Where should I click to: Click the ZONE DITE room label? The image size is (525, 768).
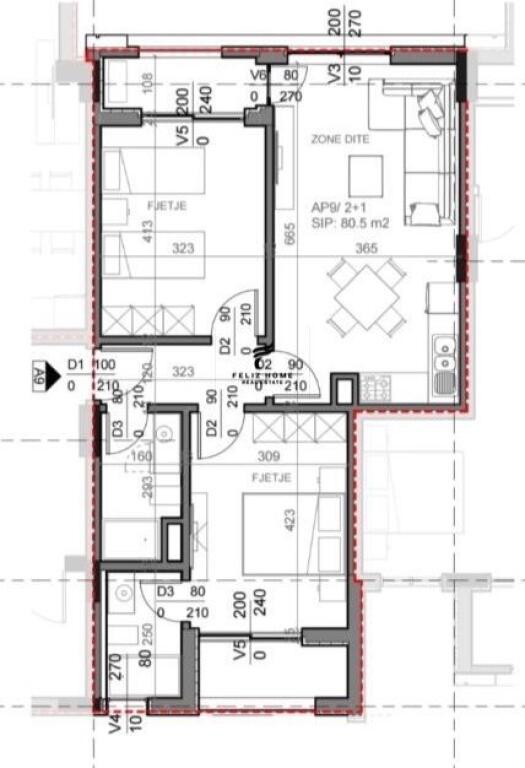coord(341,139)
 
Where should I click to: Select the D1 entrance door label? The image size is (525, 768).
coord(76,366)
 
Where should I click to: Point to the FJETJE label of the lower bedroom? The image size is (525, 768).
coord(272,478)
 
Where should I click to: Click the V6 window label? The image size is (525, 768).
coord(258,75)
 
